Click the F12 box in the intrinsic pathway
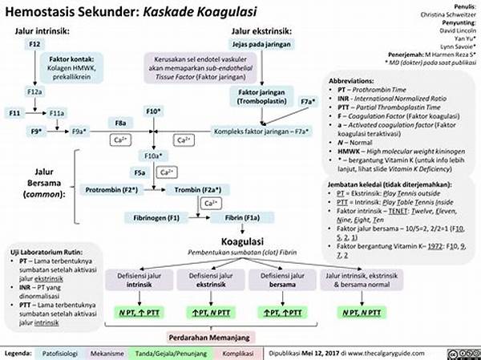click(35, 44)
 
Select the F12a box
click(35, 92)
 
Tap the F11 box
click(14, 113)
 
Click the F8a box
click(119, 122)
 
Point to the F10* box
click(155, 110)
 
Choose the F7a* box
click(308, 101)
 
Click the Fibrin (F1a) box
click(240, 217)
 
